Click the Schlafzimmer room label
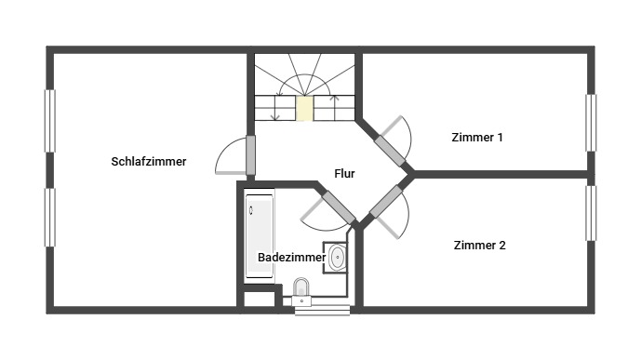[x=149, y=162]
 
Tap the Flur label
[x=344, y=174]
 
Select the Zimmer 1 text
[x=477, y=138]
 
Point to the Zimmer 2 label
[x=479, y=246]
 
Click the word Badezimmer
[x=291, y=258]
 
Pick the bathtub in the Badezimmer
[x=260, y=235]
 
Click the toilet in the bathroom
[x=301, y=291]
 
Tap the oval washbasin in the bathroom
[x=338, y=257]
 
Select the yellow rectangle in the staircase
[x=304, y=108]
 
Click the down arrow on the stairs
[x=275, y=107]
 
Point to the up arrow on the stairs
[x=335, y=108]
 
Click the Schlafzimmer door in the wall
[x=250, y=155]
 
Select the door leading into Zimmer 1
[x=390, y=151]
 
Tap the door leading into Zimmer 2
[x=385, y=202]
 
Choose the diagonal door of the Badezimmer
[x=339, y=207]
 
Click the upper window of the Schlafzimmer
[x=50, y=121]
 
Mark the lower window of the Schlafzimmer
[x=50, y=218]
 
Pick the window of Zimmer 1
[x=591, y=123]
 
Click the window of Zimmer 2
[x=591, y=213]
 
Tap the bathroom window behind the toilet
[x=322, y=311]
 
